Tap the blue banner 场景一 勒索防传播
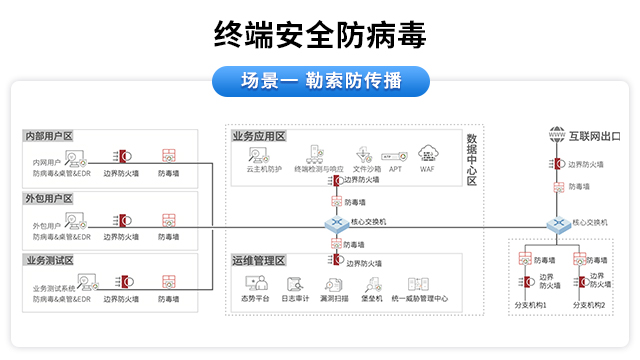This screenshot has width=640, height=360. tap(320, 81)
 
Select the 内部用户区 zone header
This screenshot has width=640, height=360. tap(49, 136)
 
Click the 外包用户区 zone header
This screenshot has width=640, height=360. tap(49, 198)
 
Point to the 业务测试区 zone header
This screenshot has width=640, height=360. tap(49, 260)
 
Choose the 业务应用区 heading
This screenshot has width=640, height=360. tap(259, 136)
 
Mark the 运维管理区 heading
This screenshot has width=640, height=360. tap(259, 261)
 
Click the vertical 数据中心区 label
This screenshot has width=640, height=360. tap(472, 160)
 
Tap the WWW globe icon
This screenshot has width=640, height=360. tap(557, 135)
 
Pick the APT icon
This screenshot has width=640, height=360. tap(394, 156)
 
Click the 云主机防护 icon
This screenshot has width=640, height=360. tap(262, 155)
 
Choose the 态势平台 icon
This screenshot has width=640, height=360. tap(255, 284)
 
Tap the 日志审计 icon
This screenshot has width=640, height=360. tap(294, 284)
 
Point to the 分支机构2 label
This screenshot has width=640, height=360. tap(588, 304)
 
